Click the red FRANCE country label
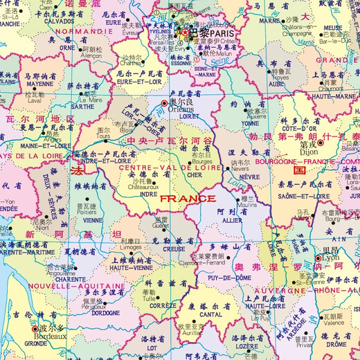(187, 199)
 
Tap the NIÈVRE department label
(240, 177)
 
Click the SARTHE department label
(82, 107)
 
